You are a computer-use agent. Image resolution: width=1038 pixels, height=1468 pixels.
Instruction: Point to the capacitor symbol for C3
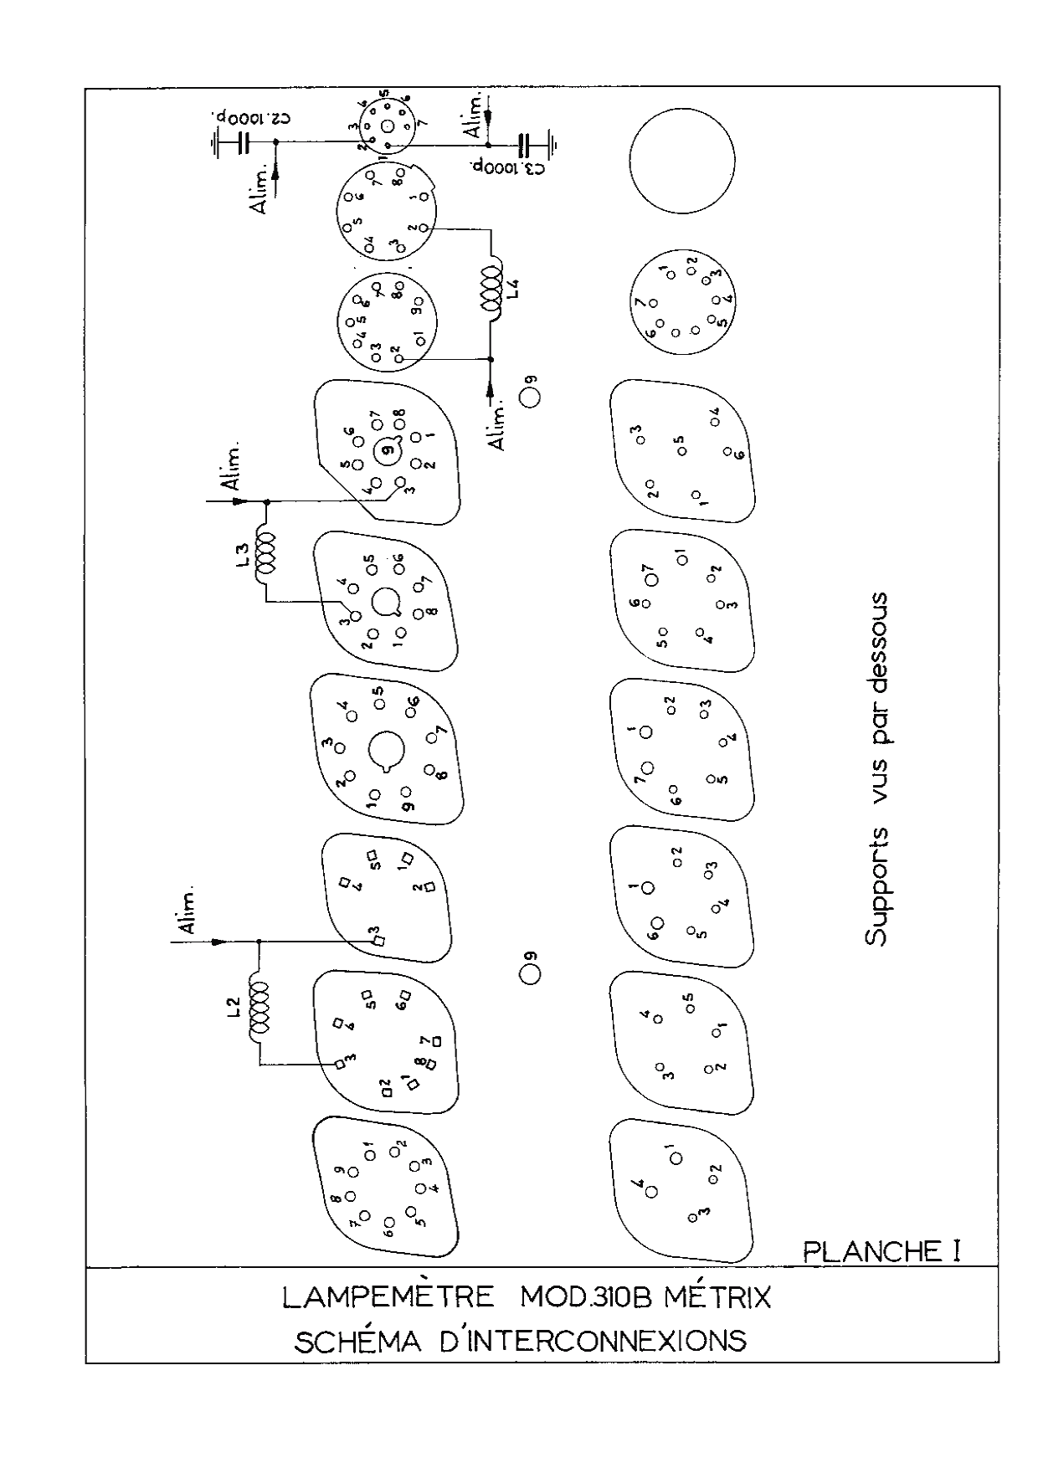pyautogui.click(x=525, y=145)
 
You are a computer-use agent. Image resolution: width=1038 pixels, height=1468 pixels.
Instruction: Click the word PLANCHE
pyautogui.click(x=871, y=1251)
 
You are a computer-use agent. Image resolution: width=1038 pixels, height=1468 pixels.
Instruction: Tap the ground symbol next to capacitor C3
pyautogui.click(x=553, y=145)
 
